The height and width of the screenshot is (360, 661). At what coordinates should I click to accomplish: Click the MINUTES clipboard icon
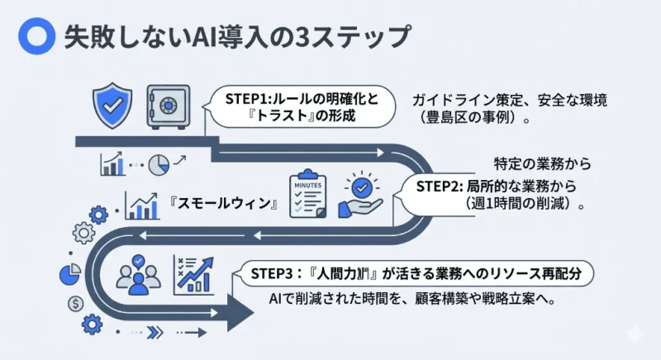pos(307,197)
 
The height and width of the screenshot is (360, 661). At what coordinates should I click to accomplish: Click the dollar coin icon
pos(77,303)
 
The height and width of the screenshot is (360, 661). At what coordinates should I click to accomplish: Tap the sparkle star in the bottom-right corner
pos(635,334)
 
